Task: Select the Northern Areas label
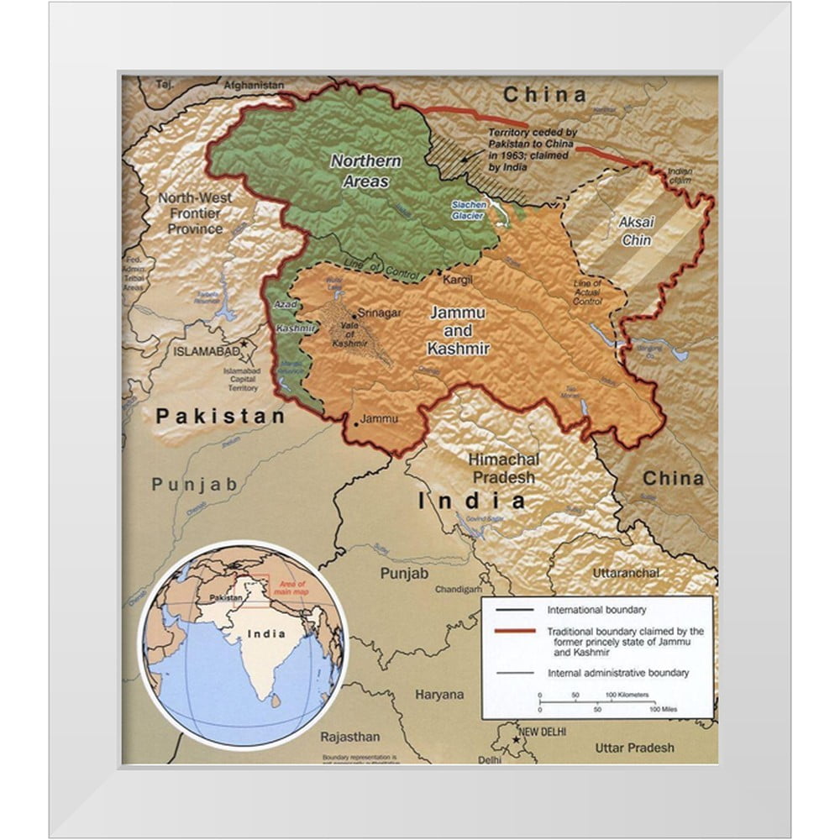point(365,171)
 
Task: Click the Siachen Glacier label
point(468,210)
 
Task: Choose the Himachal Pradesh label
point(502,468)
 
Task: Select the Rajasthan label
point(349,737)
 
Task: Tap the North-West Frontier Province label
point(195,213)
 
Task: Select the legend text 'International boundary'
point(596,610)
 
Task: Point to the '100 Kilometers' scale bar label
point(627,696)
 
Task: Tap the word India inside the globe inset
point(265,633)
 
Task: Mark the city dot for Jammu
point(355,425)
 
